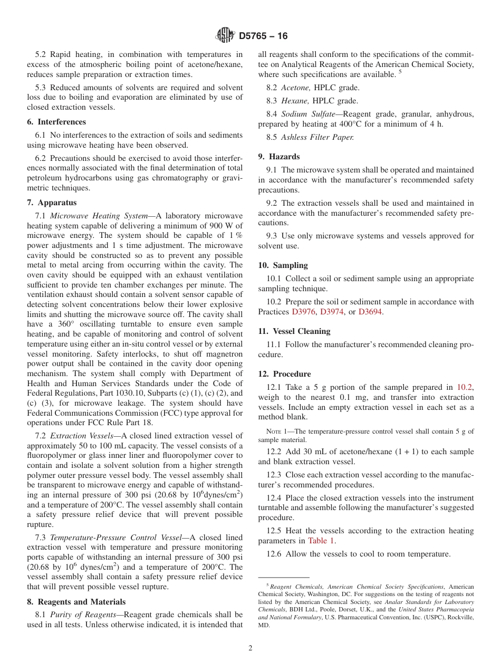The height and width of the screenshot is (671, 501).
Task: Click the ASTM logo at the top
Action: pyautogui.click(x=225, y=36)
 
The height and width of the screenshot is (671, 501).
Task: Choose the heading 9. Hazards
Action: pyautogui.click(x=279, y=157)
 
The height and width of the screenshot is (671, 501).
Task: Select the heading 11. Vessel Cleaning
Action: pyautogui.click(x=294, y=331)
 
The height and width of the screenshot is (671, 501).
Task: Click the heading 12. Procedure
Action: pyautogui.click(x=284, y=374)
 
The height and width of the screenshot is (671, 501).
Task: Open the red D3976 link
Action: pyautogui.click(x=304, y=312)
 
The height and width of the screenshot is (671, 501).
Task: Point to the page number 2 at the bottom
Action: pyautogui.click(x=250, y=648)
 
